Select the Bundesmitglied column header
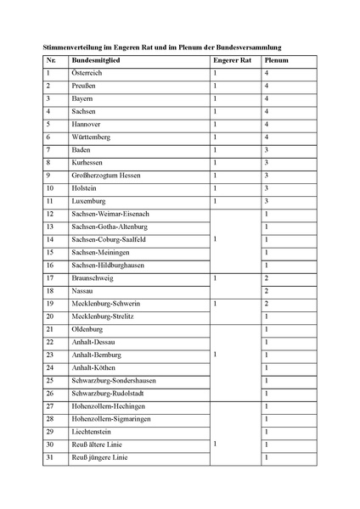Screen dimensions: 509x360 point(95,62)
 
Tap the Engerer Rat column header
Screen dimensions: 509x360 point(231,62)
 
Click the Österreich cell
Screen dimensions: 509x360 point(91,75)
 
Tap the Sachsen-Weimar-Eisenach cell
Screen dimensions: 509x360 point(110,214)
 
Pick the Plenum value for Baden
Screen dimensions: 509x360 point(267,149)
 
